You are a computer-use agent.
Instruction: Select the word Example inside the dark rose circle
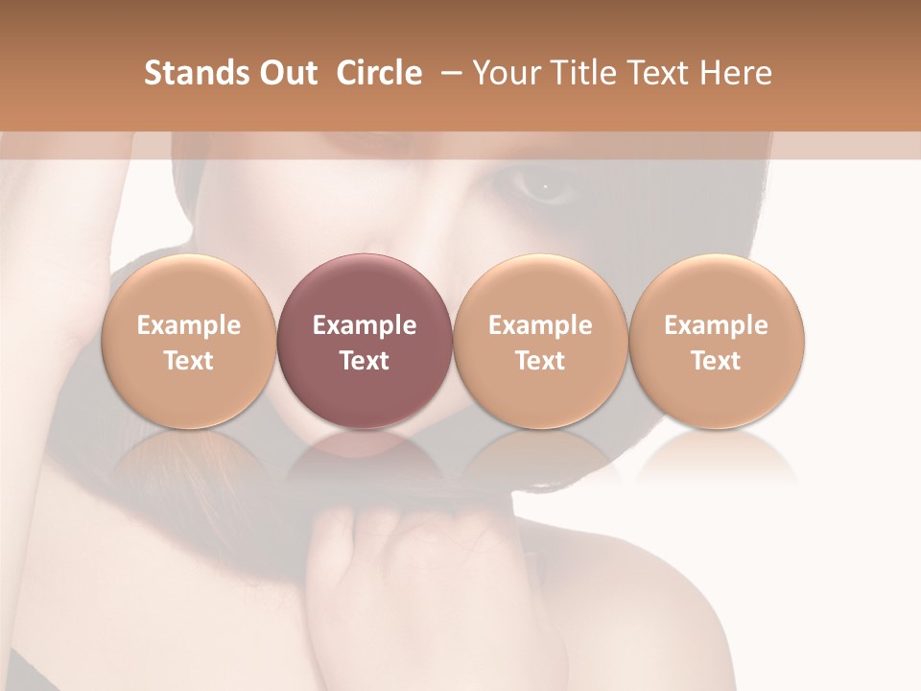point(365,325)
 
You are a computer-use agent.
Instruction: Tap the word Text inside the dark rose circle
point(365,361)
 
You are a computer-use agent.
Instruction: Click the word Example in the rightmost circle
point(717,325)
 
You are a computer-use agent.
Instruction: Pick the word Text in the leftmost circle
point(188,361)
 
